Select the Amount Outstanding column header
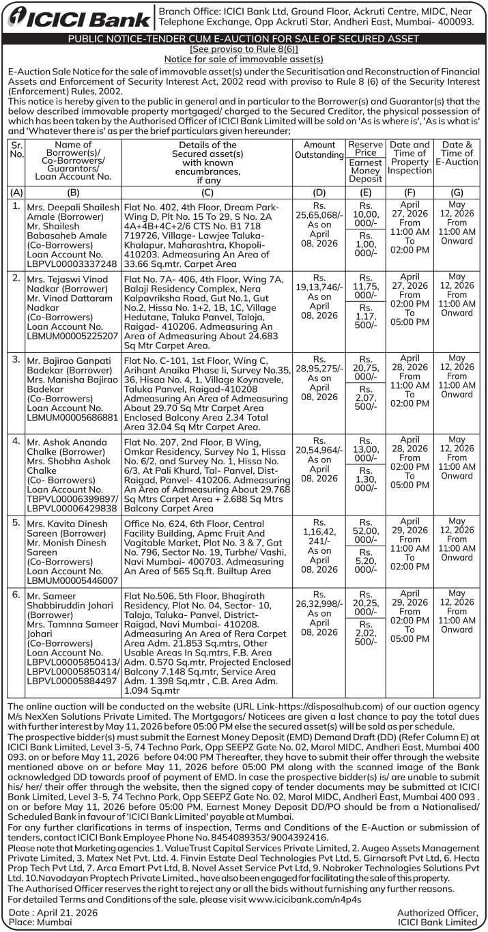coord(319,150)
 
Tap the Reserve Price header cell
coord(365,148)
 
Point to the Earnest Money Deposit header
coord(365,171)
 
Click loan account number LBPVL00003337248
coord(71,264)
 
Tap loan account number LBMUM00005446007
coord(71,580)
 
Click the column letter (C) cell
coord(207,192)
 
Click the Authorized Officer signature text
coord(437,912)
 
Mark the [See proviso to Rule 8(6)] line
coord(244,49)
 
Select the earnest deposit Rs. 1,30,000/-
coord(365,480)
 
